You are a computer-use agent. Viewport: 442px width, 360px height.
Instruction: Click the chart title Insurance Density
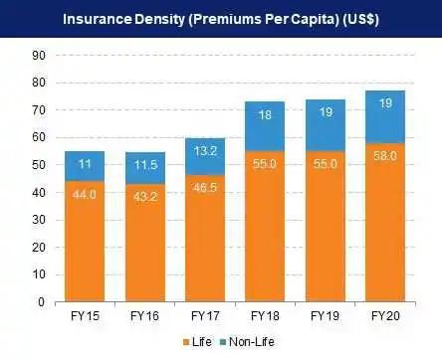pyautogui.click(x=220, y=20)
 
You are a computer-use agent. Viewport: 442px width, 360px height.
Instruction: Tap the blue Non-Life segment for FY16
pyautogui.click(x=145, y=167)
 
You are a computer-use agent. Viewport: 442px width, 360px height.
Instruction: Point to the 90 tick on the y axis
pyautogui.click(x=38, y=57)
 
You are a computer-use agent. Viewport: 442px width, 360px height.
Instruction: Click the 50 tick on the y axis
pyautogui.click(x=38, y=165)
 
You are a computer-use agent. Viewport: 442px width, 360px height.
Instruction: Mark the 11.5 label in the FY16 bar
pyautogui.click(x=145, y=162)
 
